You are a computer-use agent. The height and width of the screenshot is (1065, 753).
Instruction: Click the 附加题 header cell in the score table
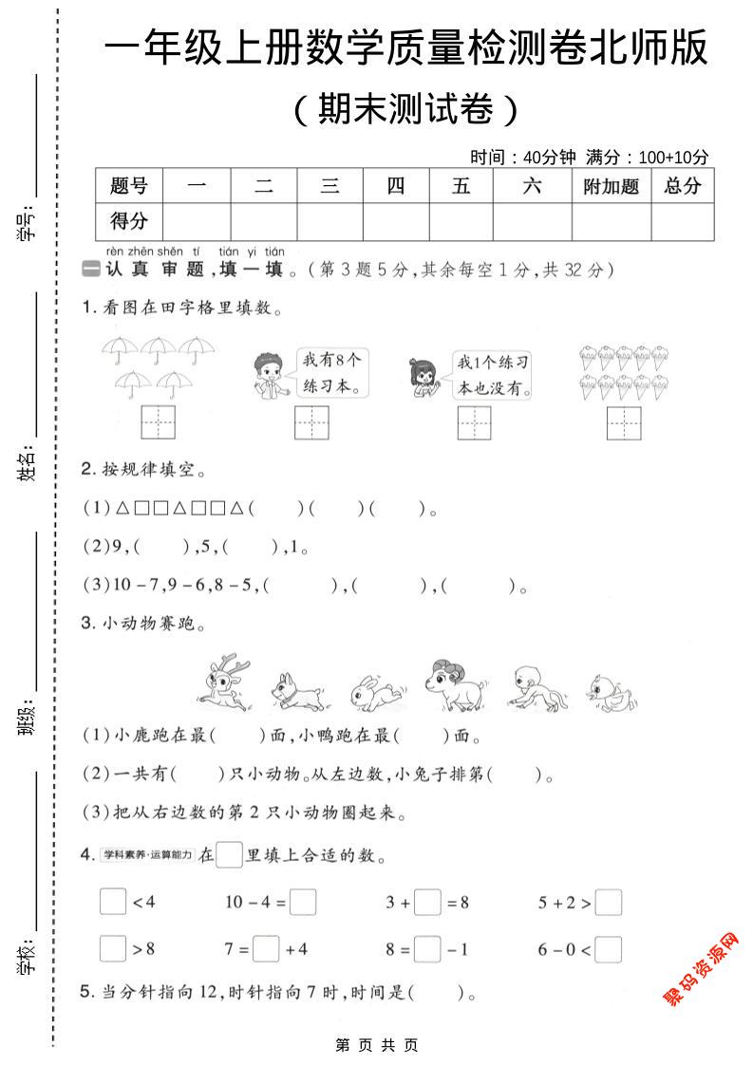coord(611,186)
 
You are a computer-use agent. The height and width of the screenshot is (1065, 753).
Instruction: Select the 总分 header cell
coord(683,186)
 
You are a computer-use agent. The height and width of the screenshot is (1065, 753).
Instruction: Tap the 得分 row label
coord(129,221)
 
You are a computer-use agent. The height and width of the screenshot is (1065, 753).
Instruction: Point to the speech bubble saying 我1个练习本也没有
coord(492,375)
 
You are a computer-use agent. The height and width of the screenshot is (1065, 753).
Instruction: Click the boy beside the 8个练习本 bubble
coord(269,375)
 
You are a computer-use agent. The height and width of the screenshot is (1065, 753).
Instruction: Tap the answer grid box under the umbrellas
coord(159,422)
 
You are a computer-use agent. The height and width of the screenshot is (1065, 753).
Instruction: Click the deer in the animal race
coord(228,681)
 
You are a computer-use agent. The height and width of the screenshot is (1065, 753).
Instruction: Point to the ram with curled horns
coord(453,682)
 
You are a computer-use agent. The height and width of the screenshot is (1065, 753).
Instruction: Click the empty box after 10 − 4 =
coord(303,902)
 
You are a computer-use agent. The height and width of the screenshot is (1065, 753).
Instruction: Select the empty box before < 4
coord(112,902)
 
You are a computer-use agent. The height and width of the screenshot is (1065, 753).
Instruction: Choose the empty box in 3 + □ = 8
coord(427,902)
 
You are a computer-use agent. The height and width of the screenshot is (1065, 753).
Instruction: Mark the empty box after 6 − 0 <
coord(609,949)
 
